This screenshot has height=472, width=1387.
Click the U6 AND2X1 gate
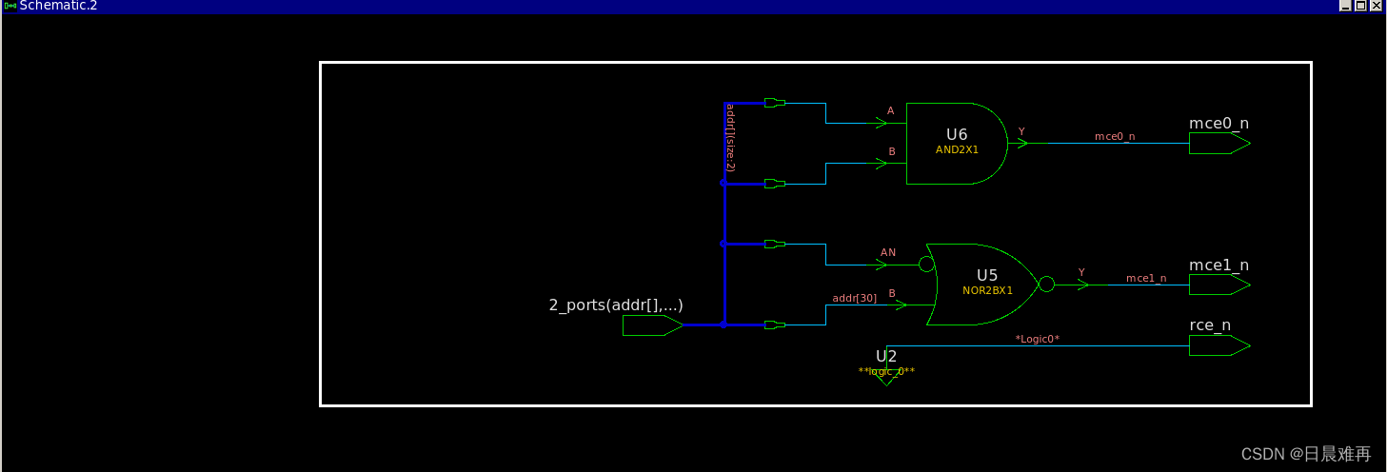[x=955, y=143]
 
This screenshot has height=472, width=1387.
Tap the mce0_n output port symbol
[x=1219, y=144]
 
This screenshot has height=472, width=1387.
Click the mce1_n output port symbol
[x=1219, y=285]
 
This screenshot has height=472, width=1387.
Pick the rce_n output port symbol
[x=1219, y=345]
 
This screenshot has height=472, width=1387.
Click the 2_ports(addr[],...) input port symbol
[x=652, y=325]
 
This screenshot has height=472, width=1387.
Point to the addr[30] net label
[x=854, y=299]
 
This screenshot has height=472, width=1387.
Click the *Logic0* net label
[x=1037, y=339]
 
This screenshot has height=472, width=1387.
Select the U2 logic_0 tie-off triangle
[x=886, y=378]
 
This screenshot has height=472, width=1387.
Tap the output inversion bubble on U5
[x=1046, y=284]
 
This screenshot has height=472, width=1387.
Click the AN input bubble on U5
[x=926, y=265]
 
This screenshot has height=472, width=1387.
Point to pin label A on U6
[x=891, y=111]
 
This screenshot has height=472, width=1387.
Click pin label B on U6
[x=891, y=151]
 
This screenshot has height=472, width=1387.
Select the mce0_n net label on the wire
[x=1114, y=137]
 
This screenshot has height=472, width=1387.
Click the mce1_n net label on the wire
[x=1145, y=278]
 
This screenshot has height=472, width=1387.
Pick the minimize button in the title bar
[x=1346, y=6]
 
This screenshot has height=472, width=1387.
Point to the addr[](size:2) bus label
[x=729, y=137]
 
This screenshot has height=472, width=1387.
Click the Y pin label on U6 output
[x=1021, y=131]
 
